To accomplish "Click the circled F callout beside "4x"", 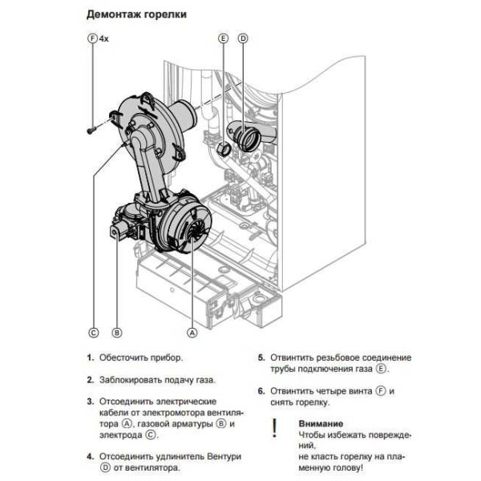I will [x=91, y=38].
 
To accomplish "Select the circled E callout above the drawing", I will [x=223, y=38].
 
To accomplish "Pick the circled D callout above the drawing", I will [x=243, y=38].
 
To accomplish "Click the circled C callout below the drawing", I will [x=93, y=331].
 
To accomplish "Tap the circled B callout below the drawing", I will [x=116, y=331].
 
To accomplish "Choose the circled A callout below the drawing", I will [x=192, y=331].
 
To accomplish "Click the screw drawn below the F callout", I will [x=93, y=126].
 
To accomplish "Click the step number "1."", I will [x=91, y=357].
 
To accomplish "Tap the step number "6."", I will [x=261, y=390].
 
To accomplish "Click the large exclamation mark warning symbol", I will [x=274, y=427].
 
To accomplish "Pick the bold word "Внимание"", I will [x=321, y=422].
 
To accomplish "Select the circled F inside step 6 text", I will [x=381, y=390].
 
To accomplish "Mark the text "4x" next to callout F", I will [x=104, y=38].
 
